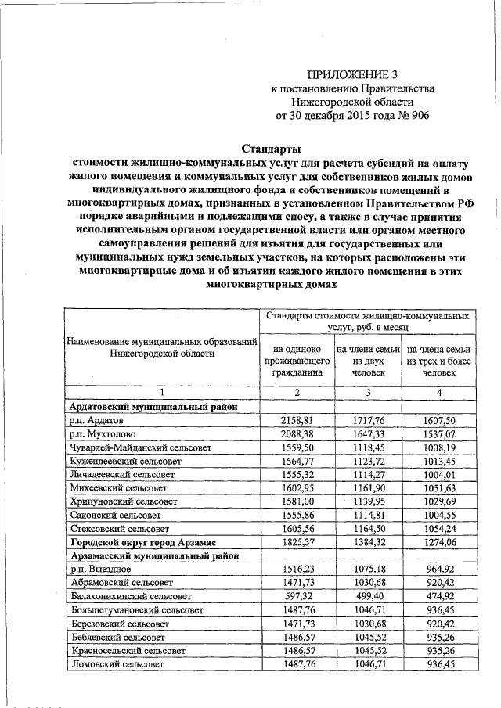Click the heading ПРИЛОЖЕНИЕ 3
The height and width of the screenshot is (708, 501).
[348, 75]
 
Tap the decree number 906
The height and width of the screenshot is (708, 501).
[415, 115]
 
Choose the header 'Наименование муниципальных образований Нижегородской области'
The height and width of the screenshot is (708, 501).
[162, 347]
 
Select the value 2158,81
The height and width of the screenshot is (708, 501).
[297, 420]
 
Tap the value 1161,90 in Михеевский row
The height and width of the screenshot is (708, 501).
[368, 487]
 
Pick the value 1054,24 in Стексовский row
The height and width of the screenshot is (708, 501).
[438, 528]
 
